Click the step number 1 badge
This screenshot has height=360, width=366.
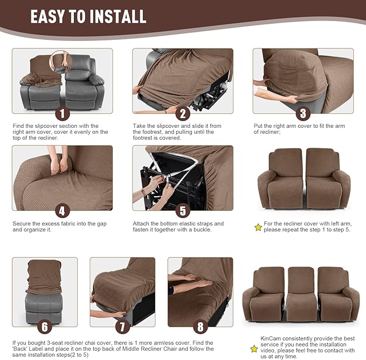click(x=63, y=113)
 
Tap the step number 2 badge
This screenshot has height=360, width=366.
click(x=183, y=113)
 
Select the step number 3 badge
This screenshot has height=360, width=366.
click(x=303, y=113)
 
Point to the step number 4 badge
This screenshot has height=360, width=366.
click(x=63, y=211)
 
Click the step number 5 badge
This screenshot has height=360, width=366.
click(x=183, y=211)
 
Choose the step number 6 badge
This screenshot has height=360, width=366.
click(x=45, y=327)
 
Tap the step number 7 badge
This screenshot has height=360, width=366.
click(x=122, y=327)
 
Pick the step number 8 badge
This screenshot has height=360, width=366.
click(x=200, y=327)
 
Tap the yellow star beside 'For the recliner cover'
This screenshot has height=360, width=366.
click(x=258, y=227)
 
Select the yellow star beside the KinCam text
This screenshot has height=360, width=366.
click(x=254, y=349)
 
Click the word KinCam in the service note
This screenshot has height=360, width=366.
click(x=270, y=338)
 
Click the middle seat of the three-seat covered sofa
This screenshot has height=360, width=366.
click(x=302, y=294)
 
